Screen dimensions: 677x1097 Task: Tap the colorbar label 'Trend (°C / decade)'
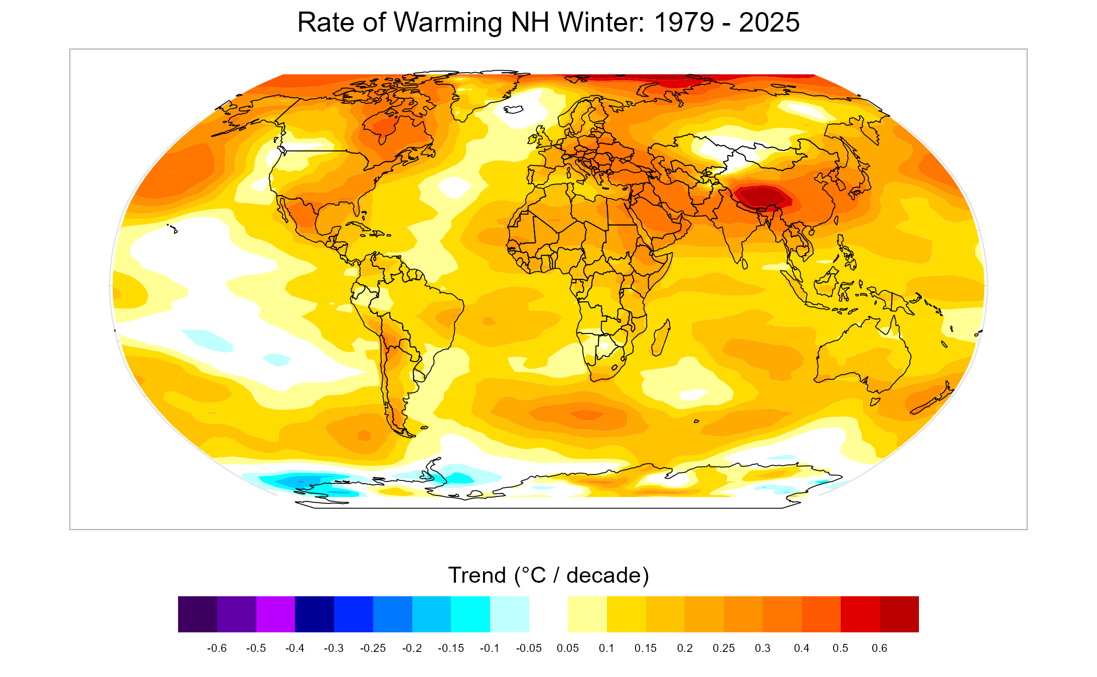(x=548, y=575)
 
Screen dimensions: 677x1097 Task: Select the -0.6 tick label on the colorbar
(x=217, y=648)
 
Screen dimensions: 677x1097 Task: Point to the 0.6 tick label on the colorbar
(x=879, y=648)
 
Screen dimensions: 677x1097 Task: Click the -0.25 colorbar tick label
(x=373, y=648)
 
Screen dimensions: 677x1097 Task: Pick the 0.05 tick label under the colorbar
(x=567, y=648)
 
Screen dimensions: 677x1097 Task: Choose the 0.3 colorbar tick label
(x=762, y=648)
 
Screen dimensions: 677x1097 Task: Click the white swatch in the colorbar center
(x=548, y=614)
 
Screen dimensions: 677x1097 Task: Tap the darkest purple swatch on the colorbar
(x=197, y=614)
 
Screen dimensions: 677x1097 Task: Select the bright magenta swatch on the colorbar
(x=275, y=614)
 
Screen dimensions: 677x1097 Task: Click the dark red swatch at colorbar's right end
(x=899, y=614)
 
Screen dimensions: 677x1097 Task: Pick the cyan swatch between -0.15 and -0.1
(x=470, y=614)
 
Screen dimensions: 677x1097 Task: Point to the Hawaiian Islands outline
(x=173, y=229)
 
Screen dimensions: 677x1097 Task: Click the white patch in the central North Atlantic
(x=454, y=188)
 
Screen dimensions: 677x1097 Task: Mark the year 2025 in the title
(x=769, y=23)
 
